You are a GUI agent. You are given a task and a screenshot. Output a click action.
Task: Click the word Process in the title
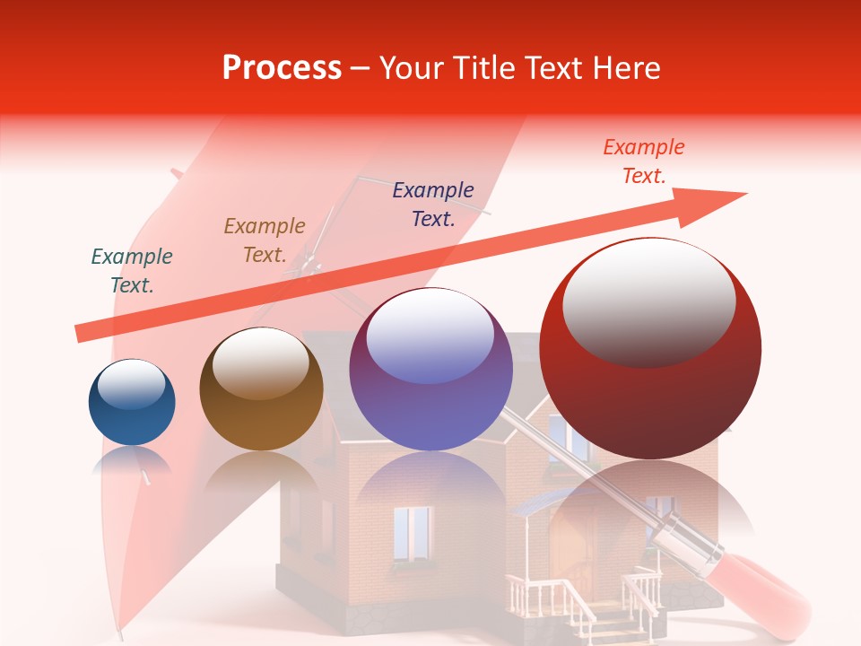(282, 68)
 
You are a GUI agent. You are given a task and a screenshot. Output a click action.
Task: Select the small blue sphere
(132, 403)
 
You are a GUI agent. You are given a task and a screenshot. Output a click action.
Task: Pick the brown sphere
(261, 389)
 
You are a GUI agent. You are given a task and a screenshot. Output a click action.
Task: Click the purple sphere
(430, 370)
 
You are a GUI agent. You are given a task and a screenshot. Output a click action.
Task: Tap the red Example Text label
(643, 161)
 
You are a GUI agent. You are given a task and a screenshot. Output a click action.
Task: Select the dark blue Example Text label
(433, 204)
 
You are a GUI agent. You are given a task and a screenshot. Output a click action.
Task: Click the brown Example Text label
(265, 240)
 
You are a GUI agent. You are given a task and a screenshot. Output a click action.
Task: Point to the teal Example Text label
(132, 271)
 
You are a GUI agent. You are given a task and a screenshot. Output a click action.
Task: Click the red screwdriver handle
(762, 592)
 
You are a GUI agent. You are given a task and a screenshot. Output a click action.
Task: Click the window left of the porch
(412, 534)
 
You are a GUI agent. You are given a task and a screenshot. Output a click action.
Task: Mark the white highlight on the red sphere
(648, 300)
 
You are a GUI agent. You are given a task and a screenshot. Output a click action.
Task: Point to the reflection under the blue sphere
(132, 462)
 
